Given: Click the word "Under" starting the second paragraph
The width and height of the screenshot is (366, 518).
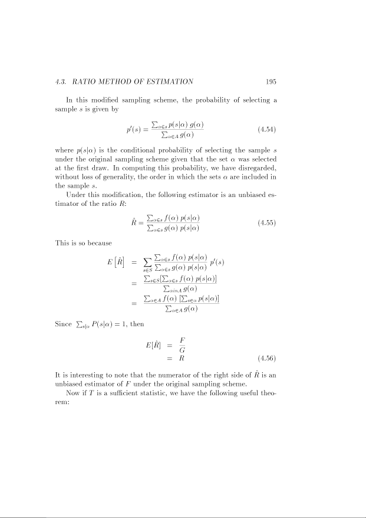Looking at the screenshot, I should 76,195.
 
